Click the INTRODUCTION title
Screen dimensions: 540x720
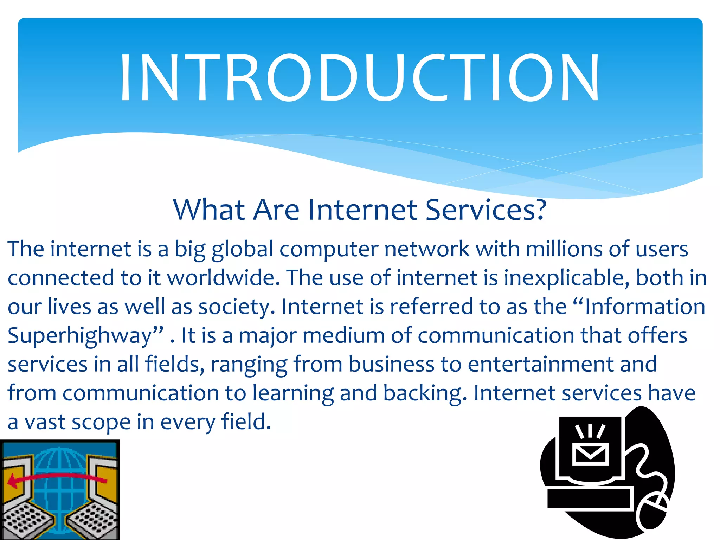coord(359,78)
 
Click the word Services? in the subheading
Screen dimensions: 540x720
coord(486,210)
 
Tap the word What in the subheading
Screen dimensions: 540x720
coord(209,210)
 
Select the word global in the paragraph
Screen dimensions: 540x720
coord(242,250)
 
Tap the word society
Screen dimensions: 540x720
coord(237,307)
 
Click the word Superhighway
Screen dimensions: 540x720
coord(85,336)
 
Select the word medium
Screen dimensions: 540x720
coord(343,335)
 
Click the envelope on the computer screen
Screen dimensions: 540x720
coord(591,454)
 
